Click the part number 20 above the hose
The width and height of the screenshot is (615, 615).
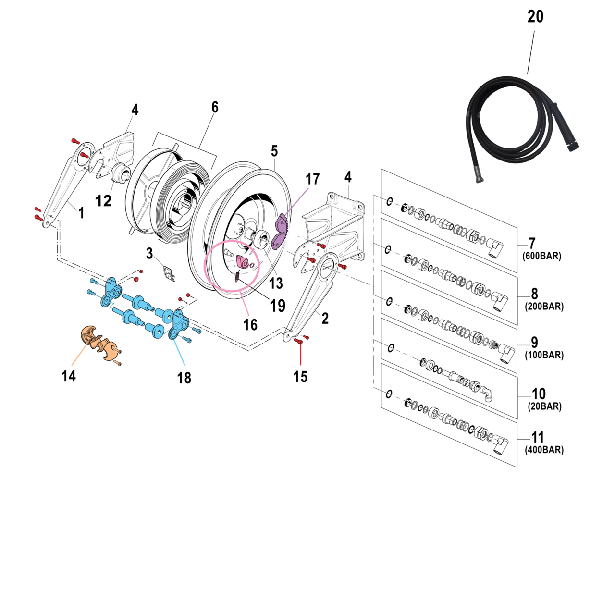(x=535, y=16)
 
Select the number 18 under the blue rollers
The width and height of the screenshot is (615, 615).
(x=184, y=378)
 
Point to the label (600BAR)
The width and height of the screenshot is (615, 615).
(x=541, y=256)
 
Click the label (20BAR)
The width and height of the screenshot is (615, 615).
(x=544, y=406)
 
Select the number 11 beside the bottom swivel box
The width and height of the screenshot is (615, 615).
(x=538, y=437)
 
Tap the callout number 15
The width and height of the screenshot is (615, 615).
(x=300, y=377)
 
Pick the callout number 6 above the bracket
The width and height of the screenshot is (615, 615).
(x=215, y=107)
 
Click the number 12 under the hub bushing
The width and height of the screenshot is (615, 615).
(x=103, y=200)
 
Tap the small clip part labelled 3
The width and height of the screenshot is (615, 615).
(x=168, y=273)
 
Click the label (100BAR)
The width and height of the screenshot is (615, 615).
(x=544, y=355)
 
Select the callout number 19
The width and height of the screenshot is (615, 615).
(x=278, y=306)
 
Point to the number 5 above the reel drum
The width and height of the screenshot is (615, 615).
(x=274, y=151)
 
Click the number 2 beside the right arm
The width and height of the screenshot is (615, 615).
(x=325, y=318)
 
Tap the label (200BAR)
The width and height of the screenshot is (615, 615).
(x=544, y=307)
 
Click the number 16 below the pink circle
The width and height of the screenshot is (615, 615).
(x=250, y=325)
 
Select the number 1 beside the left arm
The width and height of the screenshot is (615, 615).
(x=81, y=213)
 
